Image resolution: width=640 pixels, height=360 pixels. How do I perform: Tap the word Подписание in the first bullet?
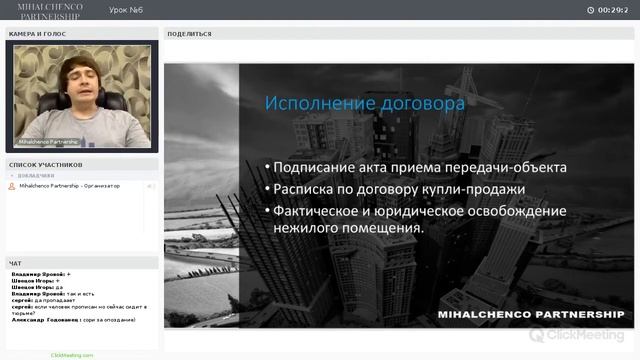point(321,167)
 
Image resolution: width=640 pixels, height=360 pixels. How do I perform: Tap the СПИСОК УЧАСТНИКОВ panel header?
point(46,164)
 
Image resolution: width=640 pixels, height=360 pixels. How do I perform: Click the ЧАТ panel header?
point(15,263)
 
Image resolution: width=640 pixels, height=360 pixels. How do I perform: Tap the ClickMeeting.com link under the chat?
point(72,355)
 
